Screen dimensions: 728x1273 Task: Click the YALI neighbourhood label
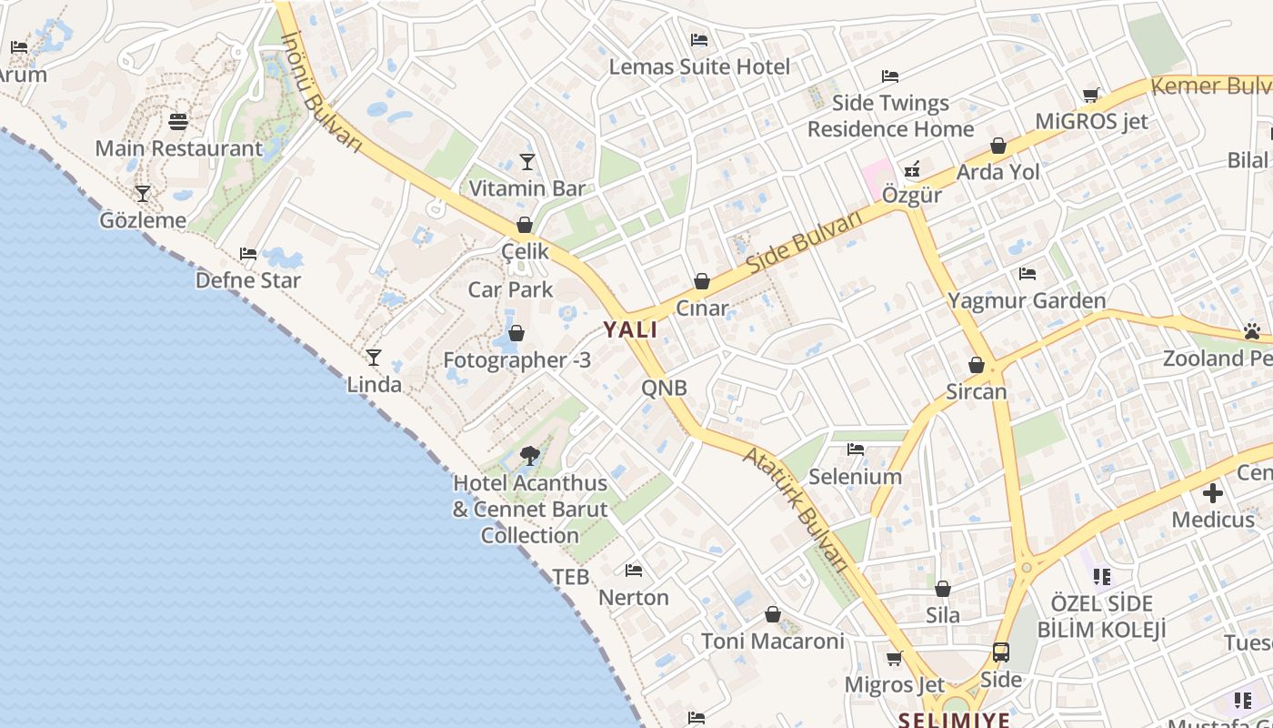tap(631, 329)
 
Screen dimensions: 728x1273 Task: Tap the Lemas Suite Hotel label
tap(699, 66)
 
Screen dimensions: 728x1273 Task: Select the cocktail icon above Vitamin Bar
tap(527, 162)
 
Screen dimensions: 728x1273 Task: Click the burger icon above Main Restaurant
tap(178, 121)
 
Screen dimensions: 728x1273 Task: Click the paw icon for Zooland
tap(1252, 331)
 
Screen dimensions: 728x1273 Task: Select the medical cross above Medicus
tap(1213, 494)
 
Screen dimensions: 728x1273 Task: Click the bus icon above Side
tap(1001, 652)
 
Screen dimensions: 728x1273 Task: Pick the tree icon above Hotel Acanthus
tap(530, 455)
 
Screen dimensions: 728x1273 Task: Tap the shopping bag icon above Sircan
tap(977, 365)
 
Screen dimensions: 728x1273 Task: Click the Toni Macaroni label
tap(773, 641)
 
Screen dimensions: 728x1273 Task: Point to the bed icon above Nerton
tap(634, 571)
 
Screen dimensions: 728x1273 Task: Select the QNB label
tap(664, 389)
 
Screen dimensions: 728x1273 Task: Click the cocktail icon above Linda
tap(374, 357)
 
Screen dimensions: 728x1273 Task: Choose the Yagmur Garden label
tap(1027, 300)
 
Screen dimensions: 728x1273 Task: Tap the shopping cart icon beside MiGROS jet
tap(1091, 95)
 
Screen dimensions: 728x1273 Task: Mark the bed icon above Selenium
tap(855, 449)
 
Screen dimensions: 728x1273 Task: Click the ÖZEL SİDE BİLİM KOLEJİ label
tap(1101, 616)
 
